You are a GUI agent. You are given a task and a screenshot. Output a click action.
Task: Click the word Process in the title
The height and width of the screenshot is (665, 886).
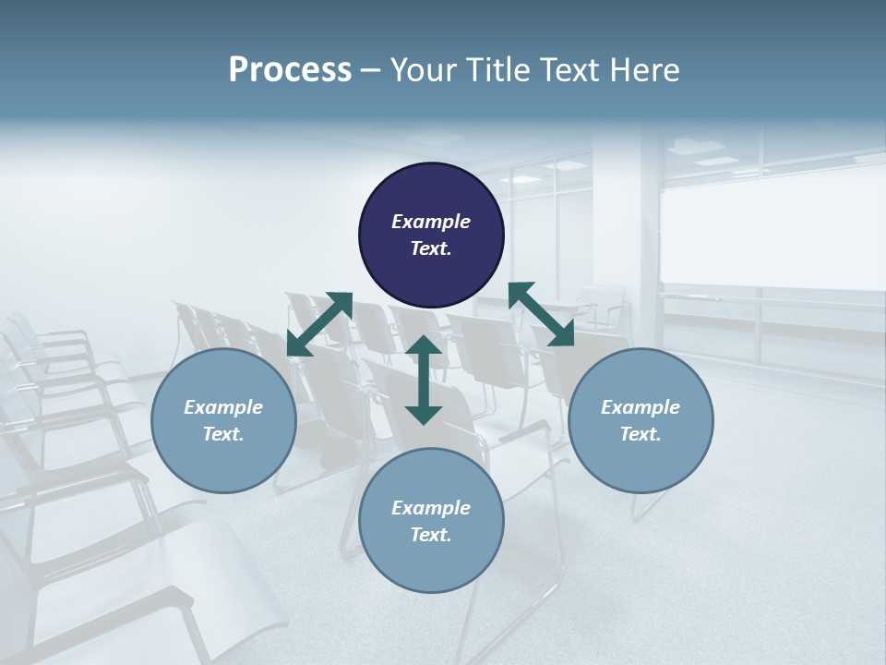tap(290, 70)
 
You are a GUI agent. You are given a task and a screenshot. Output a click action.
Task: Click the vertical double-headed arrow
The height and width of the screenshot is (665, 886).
tap(424, 380)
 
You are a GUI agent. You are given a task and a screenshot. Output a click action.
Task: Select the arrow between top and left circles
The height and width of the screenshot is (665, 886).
tap(319, 323)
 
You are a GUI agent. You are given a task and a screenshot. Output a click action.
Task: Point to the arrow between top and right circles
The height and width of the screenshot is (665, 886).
tap(541, 314)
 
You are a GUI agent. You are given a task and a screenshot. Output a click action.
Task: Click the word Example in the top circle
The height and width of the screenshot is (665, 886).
tap(431, 222)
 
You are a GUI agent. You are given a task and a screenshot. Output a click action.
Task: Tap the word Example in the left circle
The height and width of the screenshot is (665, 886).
tap(223, 407)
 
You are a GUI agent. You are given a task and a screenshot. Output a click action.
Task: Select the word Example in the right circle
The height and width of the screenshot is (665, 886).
tap(641, 407)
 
